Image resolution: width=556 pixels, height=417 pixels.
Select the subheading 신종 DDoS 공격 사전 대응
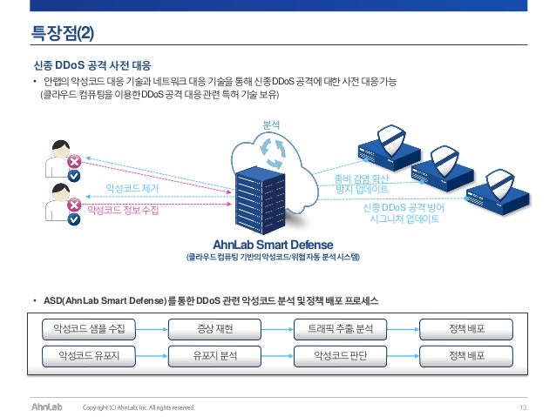pyautogui.click(x=91, y=64)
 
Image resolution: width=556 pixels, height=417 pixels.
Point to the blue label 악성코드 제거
pyautogui.click(x=132, y=187)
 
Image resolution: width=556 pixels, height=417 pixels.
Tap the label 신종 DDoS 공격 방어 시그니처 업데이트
pyautogui.click(x=402, y=214)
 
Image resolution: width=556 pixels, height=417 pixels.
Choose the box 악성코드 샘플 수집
pyautogui.click(x=90, y=329)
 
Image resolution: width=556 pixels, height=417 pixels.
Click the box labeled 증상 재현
pyautogui.click(x=214, y=329)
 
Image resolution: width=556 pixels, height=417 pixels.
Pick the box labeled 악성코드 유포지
pyautogui.click(x=90, y=356)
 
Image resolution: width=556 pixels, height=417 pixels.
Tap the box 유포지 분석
pyautogui.click(x=214, y=356)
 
